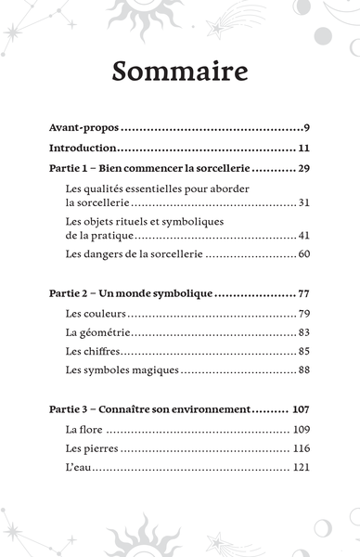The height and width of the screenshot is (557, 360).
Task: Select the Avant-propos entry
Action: coord(84,128)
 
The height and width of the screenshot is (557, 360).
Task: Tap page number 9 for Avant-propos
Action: coord(305,128)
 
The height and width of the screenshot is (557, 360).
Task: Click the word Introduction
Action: coord(83,149)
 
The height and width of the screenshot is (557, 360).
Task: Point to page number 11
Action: coord(303,149)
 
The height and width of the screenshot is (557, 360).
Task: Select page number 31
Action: coord(302,203)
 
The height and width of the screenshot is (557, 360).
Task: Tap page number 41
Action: coord(302,237)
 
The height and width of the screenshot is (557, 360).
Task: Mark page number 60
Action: coord(302,253)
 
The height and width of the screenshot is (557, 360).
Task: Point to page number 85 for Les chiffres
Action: coord(302,352)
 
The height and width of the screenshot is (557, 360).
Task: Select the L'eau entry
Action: coord(79,468)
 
